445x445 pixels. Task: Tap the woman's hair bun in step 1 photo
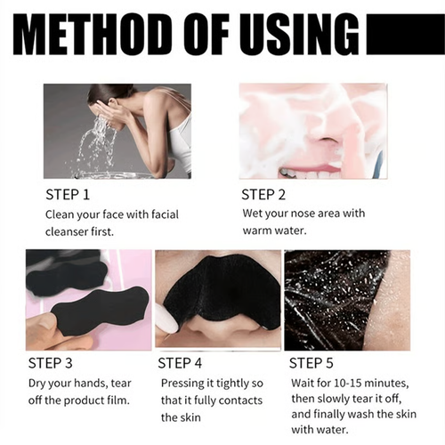pyautogui.click(x=99, y=92)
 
